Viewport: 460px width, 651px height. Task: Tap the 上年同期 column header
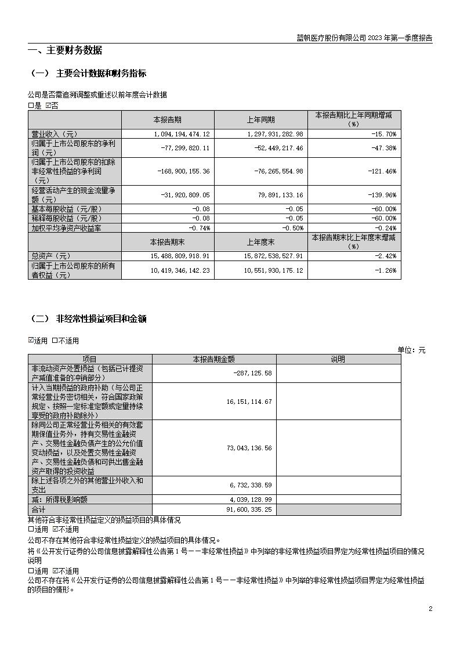point(260,120)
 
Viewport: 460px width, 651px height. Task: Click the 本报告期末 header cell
point(167,241)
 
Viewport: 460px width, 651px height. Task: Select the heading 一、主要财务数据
point(65,50)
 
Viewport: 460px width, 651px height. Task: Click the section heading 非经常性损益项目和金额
point(101,319)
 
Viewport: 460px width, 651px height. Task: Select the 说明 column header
point(338,359)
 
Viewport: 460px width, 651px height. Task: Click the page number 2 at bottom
point(430,609)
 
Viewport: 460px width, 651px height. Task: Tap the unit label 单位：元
point(411,350)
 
